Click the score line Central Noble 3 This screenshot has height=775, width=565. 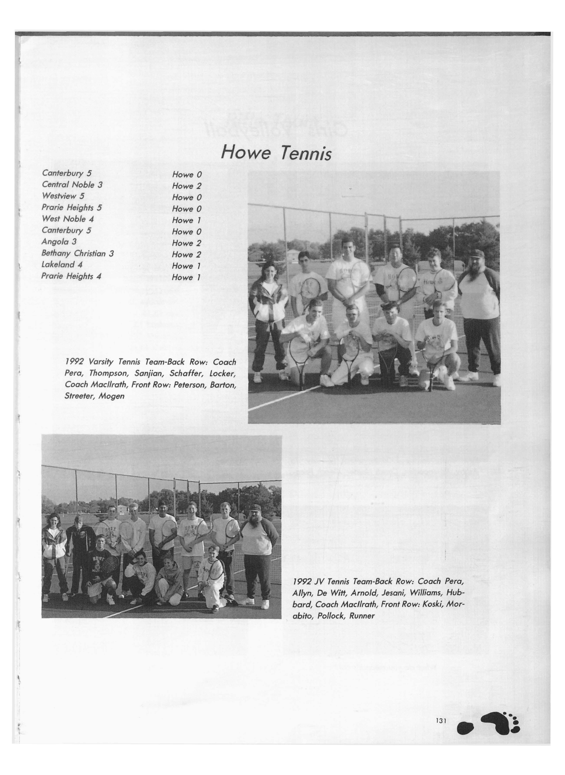72,185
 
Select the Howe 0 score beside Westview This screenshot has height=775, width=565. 187,197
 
